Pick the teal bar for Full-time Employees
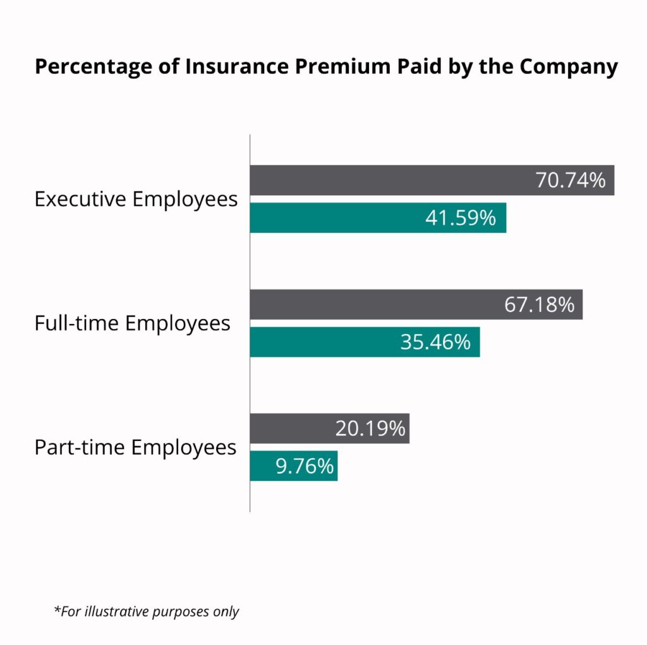click(322, 342)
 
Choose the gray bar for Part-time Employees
click(291, 428)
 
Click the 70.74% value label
click(571, 180)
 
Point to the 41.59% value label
click(461, 218)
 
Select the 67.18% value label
click(539, 304)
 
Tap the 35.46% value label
click(435, 342)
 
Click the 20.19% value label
click(370, 428)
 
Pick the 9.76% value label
click(304, 466)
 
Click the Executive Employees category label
click(136, 199)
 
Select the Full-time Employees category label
click(132, 323)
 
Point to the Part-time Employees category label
click(135, 448)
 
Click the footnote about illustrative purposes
click(147, 612)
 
